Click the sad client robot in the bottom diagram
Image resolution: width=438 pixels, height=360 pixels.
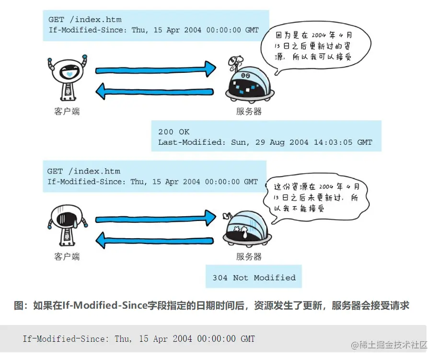pos(67,223)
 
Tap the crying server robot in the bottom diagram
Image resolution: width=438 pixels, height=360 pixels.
pos(247,228)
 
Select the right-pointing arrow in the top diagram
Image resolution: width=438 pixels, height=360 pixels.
pos(156,69)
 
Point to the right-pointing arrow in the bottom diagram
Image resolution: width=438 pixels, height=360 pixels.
pos(156,219)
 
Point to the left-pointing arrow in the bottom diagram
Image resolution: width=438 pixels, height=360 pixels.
pos(156,238)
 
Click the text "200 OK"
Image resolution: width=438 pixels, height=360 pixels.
pos(174,132)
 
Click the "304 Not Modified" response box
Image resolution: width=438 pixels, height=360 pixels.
pos(254,278)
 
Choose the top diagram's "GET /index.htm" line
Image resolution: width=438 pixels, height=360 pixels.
pos(85,20)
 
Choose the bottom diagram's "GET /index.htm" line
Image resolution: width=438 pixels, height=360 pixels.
pos(84,171)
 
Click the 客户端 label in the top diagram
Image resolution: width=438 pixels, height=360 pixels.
pos(67,112)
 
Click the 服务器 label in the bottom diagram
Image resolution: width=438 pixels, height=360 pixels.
pos(249,256)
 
